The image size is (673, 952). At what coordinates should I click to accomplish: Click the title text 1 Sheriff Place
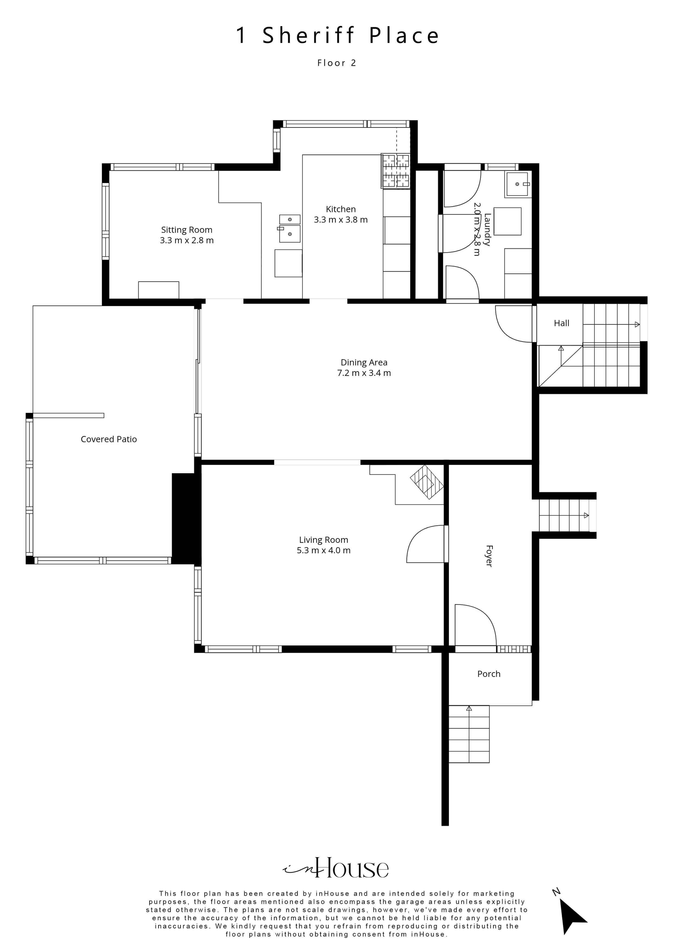point(337,35)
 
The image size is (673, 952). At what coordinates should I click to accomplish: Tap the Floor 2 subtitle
point(337,63)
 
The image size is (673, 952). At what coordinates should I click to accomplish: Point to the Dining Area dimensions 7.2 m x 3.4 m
point(364,373)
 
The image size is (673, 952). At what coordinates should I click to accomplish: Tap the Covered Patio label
point(109,439)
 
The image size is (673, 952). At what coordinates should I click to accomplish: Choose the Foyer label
point(489,556)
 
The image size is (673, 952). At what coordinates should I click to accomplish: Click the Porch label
point(489,674)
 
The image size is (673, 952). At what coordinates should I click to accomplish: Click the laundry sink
point(518,184)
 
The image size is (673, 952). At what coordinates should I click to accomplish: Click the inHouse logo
point(336,868)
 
